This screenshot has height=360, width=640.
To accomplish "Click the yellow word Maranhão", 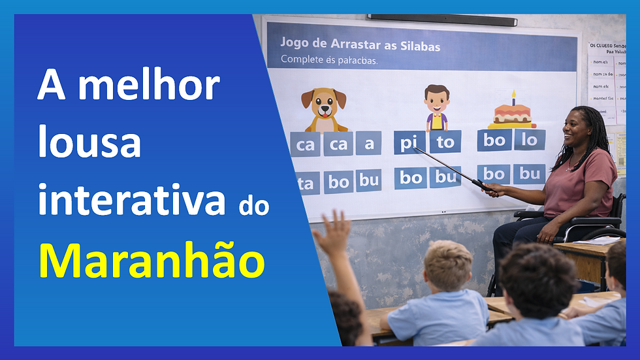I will [x=152, y=262].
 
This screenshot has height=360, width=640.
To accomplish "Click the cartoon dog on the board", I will [x=324, y=109].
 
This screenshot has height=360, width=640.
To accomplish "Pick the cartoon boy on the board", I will [x=436, y=108].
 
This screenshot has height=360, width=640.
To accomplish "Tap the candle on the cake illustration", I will [x=513, y=97].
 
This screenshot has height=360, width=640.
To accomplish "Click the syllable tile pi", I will [x=407, y=142].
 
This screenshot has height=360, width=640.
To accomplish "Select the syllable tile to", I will [x=445, y=142].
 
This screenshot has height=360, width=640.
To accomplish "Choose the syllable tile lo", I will [x=530, y=140].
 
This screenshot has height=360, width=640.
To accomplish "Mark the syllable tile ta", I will [x=305, y=184].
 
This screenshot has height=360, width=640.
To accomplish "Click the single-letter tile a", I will [x=369, y=143].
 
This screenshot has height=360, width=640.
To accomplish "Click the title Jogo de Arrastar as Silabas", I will [x=360, y=46].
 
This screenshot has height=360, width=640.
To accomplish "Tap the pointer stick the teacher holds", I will [x=451, y=169].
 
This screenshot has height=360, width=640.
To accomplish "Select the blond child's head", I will [x=448, y=264].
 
